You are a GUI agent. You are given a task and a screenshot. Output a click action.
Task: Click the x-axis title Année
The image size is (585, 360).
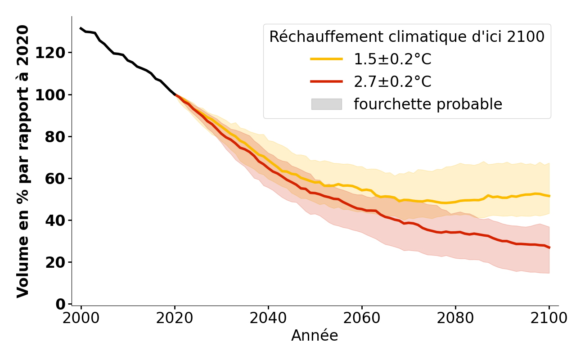(x=315, y=336)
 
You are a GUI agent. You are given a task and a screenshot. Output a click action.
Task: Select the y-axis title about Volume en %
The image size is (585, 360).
(x=23, y=161)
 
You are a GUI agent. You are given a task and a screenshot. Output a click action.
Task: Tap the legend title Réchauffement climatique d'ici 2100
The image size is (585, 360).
(x=407, y=37)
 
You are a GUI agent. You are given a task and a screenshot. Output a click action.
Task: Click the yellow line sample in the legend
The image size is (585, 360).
(x=326, y=59)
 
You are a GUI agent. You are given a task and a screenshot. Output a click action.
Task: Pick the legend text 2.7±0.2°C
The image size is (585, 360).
(x=392, y=81)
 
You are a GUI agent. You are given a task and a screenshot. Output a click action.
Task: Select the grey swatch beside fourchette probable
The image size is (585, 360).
(x=326, y=104)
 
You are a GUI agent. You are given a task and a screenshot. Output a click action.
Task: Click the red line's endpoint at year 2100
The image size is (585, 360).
(x=549, y=247)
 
